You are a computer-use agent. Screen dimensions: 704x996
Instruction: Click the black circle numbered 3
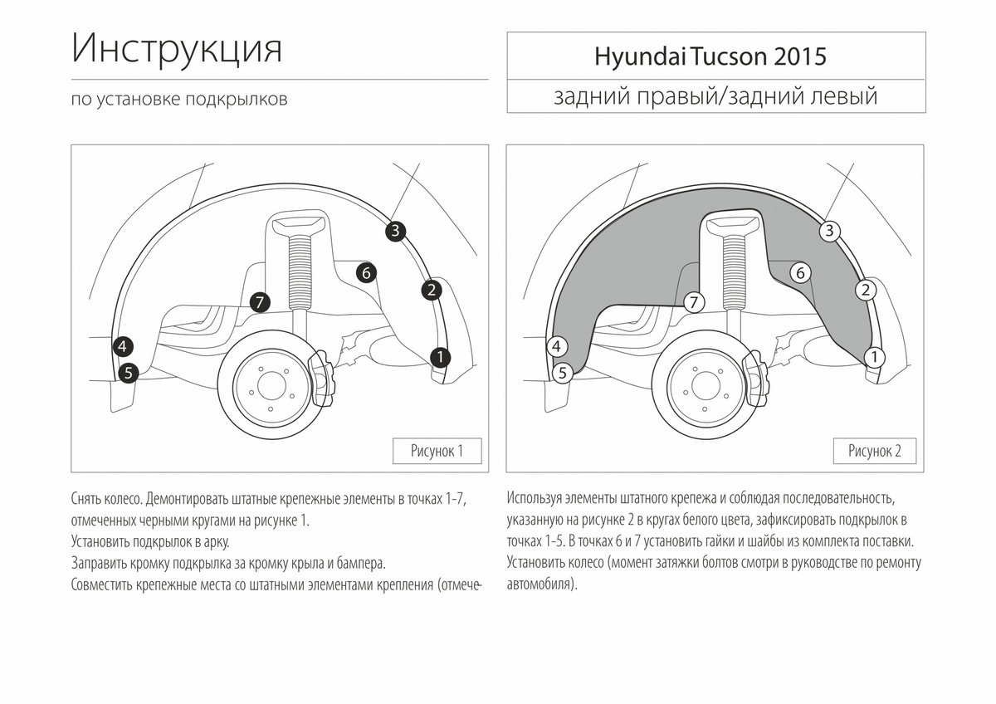pyautogui.click(x=395, y=232)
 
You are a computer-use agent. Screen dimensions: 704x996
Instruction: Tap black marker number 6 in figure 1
pyautogui.click(x=366, y=271)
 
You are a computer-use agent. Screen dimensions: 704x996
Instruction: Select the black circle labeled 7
pyautogui.click(x=260, y=302)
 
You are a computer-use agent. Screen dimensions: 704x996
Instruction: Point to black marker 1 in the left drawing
pyautogui.click(x=440, y=357)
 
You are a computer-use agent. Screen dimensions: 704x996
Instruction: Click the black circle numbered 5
pyautogui.click(x=128, y=373)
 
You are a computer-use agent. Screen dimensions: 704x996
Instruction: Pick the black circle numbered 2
pyautogui.click(x=431, y=290)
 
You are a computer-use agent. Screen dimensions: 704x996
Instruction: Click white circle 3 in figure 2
pyautogui.click(x=829, y=232)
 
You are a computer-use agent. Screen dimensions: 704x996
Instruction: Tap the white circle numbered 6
pyautogui.click(x=800, y=271)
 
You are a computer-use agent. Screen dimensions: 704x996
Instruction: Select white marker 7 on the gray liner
pyautogui.click(x=695, y=302)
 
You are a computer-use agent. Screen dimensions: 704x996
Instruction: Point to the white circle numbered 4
pyautogui.click(x=558, y=346)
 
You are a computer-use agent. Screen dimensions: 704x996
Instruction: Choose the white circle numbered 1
pyautogui.click(x=874, y=357)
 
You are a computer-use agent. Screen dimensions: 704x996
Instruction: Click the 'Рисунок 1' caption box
pyautogui.click(x=437, y=451)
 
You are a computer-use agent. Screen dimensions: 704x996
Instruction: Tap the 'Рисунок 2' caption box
pyautogui.click(x=874, y=451)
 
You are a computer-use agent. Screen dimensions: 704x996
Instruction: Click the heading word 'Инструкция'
pyautogui.click(x=177, y=50)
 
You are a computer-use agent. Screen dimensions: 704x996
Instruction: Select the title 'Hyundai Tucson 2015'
pyautogui.click(x=710, y=56)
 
